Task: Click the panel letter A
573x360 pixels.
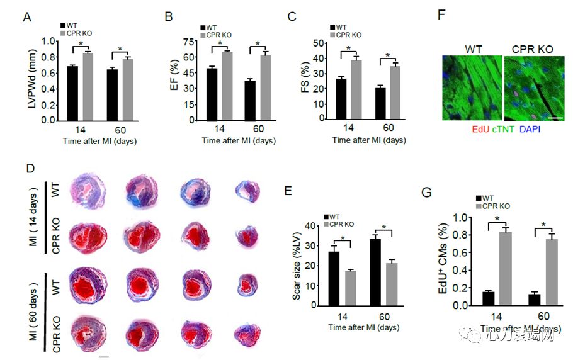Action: coord(26,17)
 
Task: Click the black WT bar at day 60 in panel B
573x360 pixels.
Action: coord(250,101)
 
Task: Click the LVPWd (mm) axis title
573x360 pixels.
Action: coord(31,80)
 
